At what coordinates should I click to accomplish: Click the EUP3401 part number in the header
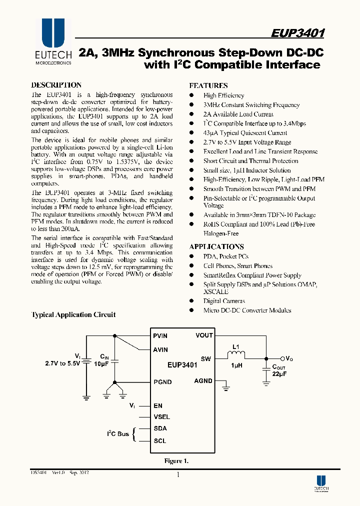[x=298, y=33]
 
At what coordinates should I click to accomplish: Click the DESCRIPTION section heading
[x=56, y=85]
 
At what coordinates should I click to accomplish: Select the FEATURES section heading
[x=208, y=85]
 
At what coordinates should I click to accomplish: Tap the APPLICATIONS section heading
[x=216, y=246]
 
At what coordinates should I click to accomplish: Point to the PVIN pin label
[x=160, y=335]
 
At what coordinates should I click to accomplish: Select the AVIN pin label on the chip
[x=160, y=349]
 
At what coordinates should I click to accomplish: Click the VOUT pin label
[x=204, y=335]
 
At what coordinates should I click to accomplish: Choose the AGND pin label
[x=203, y=381]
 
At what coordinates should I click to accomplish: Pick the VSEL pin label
[x=162, y=416]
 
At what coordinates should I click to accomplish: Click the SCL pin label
[x=160, y=441]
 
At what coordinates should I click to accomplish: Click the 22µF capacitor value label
[x=280, y=373]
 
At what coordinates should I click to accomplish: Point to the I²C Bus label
[x=118, y=433]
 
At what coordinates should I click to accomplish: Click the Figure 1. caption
[x=176, y=460]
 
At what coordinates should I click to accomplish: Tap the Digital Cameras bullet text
[x=224, y=301]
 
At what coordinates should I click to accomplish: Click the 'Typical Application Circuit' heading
[x=73, y=314]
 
